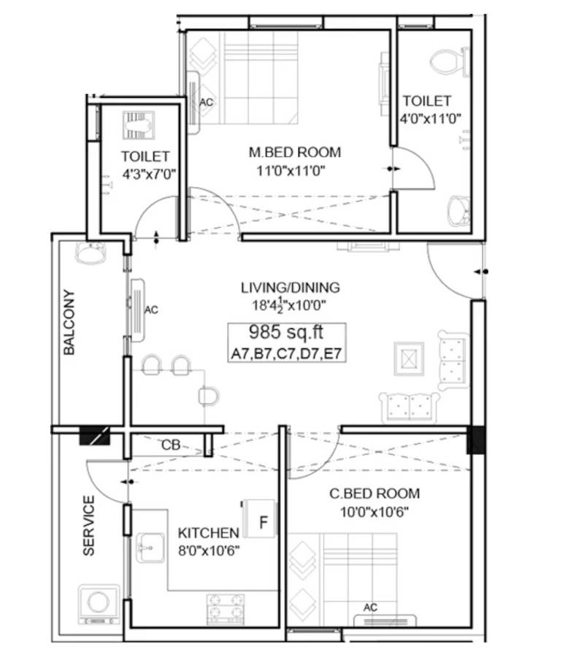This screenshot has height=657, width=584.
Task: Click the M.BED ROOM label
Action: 295,153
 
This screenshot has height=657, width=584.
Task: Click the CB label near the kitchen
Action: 171,445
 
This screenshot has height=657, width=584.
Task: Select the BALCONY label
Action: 69,323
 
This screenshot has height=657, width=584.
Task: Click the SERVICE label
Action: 88,526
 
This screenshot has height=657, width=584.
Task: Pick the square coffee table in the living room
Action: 408,358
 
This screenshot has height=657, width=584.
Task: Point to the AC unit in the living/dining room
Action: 137,310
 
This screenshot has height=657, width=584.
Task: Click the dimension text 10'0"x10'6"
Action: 374,511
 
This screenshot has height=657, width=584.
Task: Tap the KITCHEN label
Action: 208,533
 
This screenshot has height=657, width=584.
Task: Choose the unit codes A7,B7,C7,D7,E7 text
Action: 285,355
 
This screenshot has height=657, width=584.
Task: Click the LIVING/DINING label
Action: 291,287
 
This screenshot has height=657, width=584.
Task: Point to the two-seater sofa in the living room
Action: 409,405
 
